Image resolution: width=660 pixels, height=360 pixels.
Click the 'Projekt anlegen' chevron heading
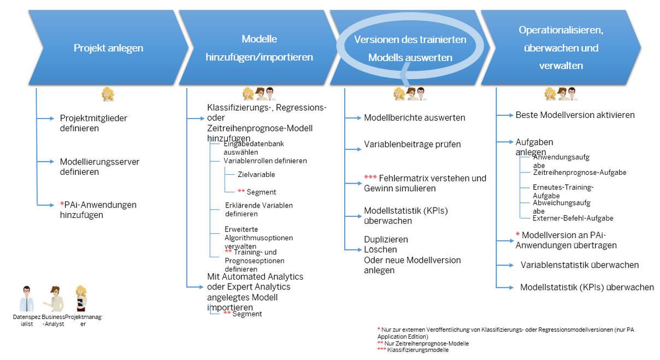(108, 48)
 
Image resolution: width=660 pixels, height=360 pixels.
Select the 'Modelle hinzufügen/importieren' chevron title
(259, 48)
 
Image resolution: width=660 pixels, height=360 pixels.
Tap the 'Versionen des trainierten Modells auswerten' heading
(410, 48)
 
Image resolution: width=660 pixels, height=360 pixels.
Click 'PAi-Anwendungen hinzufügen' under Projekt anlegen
(98, 210)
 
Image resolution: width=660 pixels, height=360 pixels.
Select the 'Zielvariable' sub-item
(256, 175)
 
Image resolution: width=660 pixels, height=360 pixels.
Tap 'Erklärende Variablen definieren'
(258, 210)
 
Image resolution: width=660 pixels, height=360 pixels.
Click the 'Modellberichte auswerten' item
(414, 117)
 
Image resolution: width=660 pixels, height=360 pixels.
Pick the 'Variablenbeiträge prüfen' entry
(412, 144)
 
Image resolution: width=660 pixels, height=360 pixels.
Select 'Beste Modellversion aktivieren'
(575, 115)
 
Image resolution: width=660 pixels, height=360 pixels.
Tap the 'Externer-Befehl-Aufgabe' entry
(573, 218)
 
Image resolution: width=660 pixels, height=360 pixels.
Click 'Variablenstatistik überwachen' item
(579, 265)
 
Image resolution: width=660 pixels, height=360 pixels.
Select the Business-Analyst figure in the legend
(55, 298)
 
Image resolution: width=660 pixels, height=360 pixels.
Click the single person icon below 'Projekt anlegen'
(108, 95)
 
